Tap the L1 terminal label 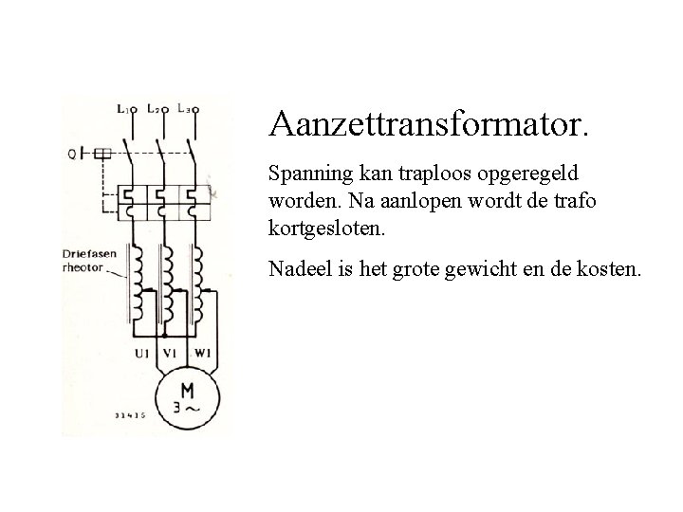pyautogui.click(x=125, y=109)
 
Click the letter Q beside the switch pyautogui.click(x=72, y=153)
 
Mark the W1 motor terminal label pyautogui.click(x=201, y=353)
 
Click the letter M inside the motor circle pyautogui.click(x=186, y=392)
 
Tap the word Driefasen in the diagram pyautogui.click(x=92, y=252)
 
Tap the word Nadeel pyautogui.click(x=297, y=270)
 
